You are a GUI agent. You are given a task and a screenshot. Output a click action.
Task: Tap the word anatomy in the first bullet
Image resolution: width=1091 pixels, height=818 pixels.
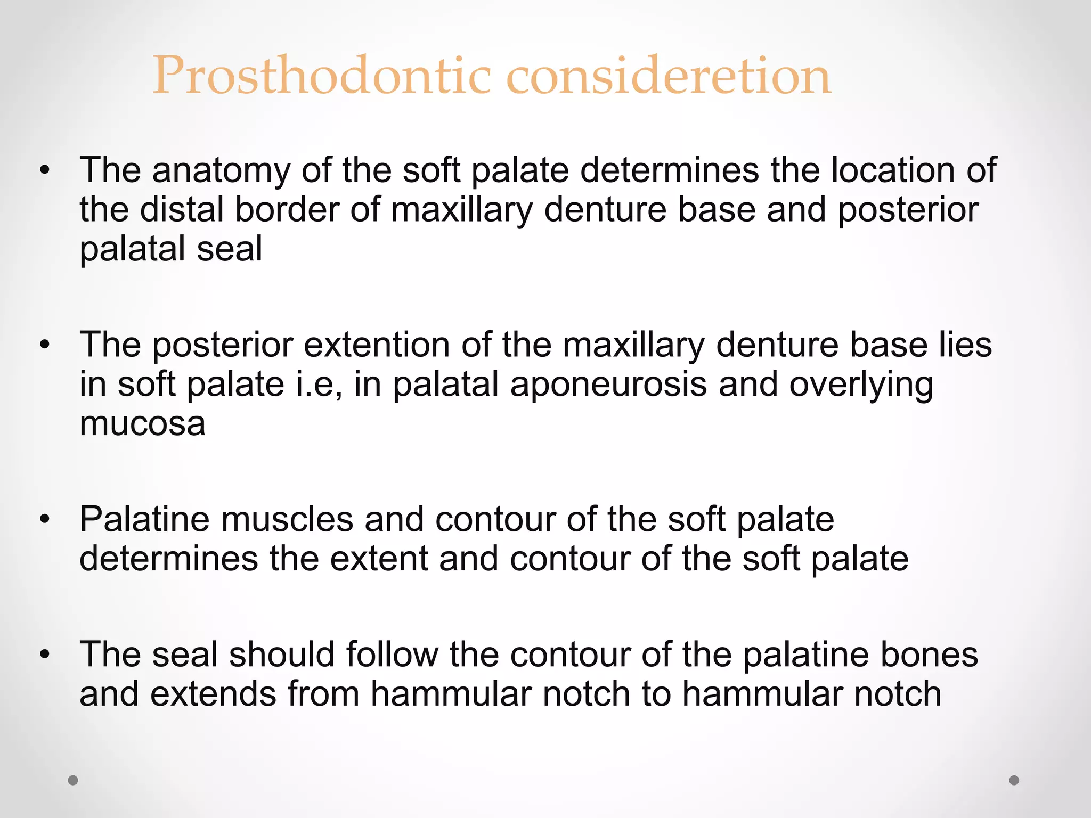tap(221, 170)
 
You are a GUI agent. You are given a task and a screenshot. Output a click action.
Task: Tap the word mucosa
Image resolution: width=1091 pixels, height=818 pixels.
tap(142, 423)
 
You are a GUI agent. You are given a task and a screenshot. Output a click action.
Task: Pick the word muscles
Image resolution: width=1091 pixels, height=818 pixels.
tap(287, 519)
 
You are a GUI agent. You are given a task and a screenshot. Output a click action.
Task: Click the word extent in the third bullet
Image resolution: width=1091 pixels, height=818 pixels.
tap(379, 559)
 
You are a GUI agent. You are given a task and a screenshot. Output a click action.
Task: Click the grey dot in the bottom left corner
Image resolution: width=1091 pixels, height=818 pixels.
tap(73, 780)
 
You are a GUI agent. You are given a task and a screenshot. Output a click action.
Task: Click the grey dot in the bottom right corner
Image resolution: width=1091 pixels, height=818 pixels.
tap(1014, 780)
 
